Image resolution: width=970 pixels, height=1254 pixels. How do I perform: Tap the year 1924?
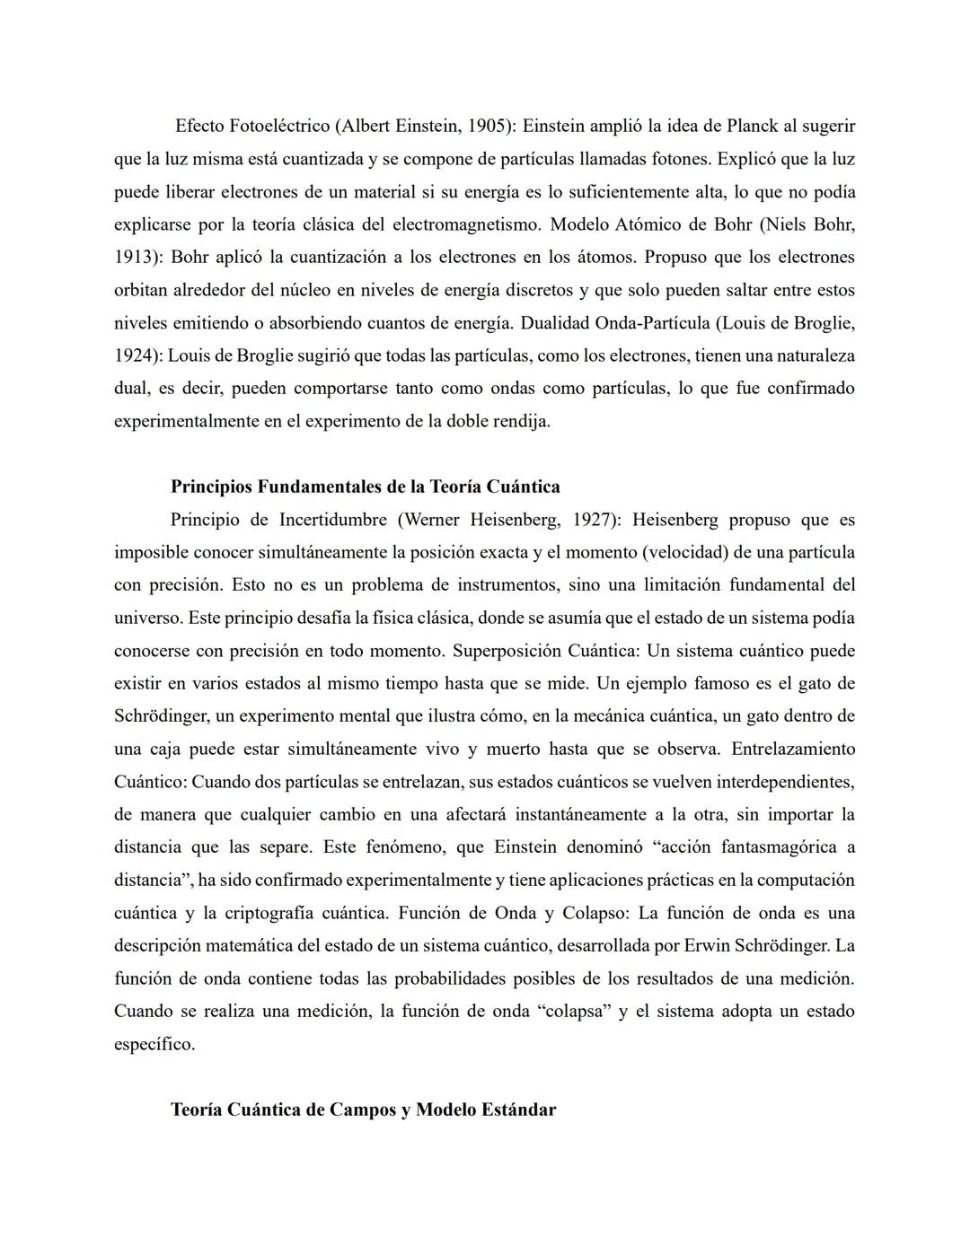click(x=135, y=355)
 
